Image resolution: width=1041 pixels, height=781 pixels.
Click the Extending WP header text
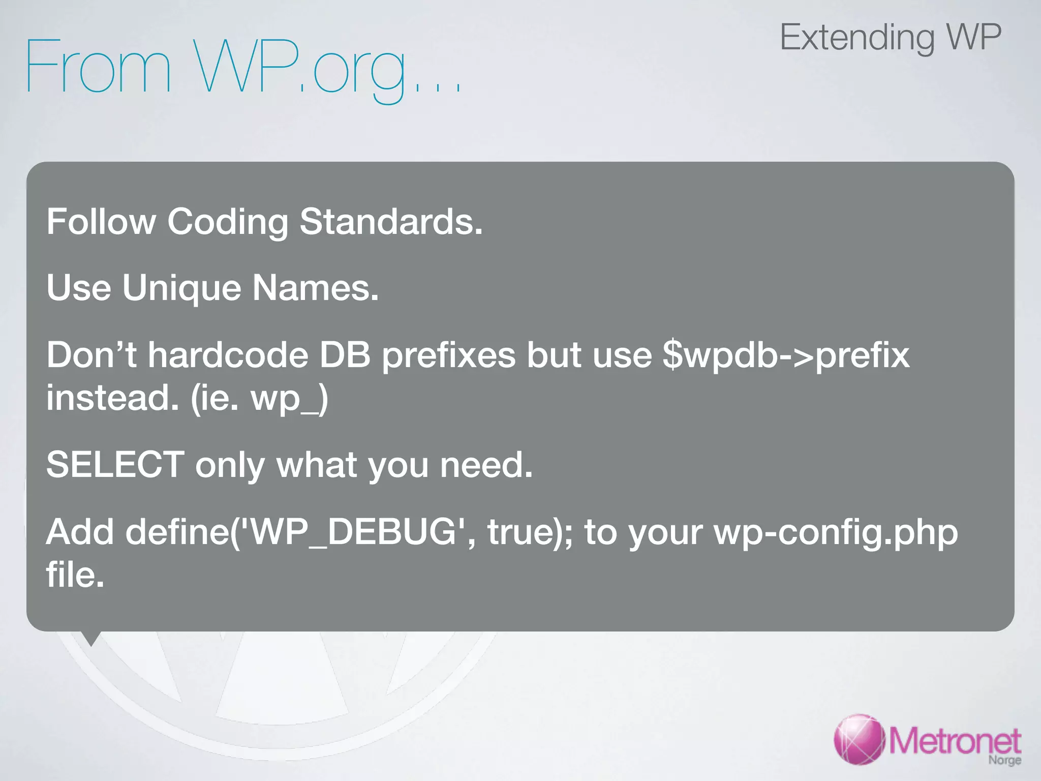pyautogui.click(x=890, y=38)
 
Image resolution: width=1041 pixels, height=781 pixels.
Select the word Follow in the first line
pyautogui.click(x=101, y=222)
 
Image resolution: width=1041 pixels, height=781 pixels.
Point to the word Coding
pyautogui.click(x=228, y=223)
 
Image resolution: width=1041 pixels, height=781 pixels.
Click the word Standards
pyautogui.click(x=390, y=222)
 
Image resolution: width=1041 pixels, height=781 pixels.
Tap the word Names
pyautogui.click(x=315, y=288)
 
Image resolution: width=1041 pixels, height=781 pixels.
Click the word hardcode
pyautogui.click(x=228, y=354)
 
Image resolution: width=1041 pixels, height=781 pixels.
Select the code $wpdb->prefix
pyautogui.click(x=786, y=355)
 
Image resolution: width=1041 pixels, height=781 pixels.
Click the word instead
pyautogui.click(x=112, y=398)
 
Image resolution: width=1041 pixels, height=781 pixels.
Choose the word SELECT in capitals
pyautogui.click(x=115, y=464)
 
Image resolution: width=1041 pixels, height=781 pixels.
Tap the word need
pyautogui.click(x=485, y=465)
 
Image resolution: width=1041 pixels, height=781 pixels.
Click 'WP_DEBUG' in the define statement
pyautogui.click(x=354, y=532)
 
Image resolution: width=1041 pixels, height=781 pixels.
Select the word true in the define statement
pyautogui.click(x=524, y=532)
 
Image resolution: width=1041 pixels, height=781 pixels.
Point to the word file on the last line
pyautogui.click(x=75, y=575)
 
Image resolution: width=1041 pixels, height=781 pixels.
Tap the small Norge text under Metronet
pyautogui.click(x=1004, y=760)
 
